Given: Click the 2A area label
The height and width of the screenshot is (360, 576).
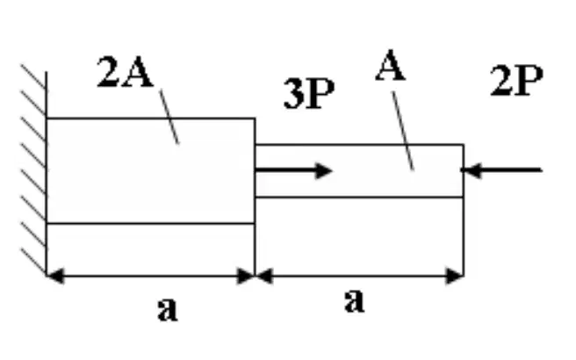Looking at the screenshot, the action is (125, 72).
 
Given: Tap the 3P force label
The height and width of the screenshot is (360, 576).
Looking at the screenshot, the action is (309, 94).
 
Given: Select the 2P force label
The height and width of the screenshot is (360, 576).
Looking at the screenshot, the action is (516, 81).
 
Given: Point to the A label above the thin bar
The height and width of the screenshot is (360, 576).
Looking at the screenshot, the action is (391, 65).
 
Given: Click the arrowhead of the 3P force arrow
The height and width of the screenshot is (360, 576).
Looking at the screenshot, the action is (325, 171).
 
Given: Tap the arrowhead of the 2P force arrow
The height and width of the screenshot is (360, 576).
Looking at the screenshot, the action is (471, 170).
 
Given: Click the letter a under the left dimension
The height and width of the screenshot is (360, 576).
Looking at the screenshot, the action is (168, 309).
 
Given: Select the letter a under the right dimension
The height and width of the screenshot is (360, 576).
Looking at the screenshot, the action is (355, 300).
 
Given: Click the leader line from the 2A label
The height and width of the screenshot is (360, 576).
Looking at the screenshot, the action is (169, 117).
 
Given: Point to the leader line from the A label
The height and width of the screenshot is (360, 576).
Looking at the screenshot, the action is (403, 131).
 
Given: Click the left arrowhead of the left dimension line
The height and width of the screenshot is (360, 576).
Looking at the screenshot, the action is (55, 276).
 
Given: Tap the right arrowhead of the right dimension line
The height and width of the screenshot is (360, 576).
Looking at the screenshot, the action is (455, 276).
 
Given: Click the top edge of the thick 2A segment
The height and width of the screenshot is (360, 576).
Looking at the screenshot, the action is (151, 119).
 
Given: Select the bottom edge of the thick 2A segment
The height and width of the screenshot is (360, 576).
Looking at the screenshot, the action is (151, 223).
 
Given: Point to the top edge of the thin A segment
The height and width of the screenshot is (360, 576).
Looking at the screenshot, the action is (359, 145).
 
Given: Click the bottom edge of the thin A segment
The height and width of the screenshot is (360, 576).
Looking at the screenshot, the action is (359, 198).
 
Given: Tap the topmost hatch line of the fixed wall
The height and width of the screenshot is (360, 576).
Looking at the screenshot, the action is (33, 76).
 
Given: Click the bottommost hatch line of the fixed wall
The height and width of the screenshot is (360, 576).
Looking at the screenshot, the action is (33, 261).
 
